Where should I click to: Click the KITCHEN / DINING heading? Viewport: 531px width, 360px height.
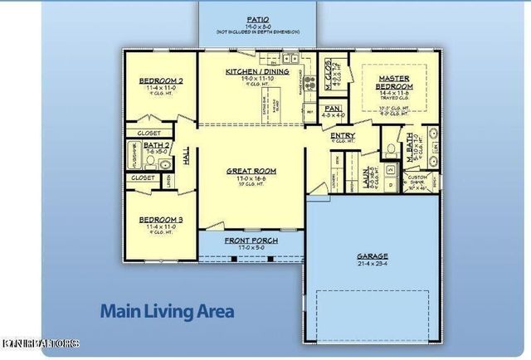click(256, 72)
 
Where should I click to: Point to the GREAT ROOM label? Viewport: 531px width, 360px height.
click(251, 172)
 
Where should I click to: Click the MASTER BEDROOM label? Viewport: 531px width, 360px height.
click(395, 82)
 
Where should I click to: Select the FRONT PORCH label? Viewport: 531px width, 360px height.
click(251, 240)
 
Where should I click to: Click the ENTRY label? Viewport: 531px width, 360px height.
click(343, 136)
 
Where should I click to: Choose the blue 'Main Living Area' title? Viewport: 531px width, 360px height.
click(167, 312)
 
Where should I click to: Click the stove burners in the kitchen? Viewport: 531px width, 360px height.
click(309, 83)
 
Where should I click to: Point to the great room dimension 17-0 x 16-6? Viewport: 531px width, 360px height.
click(251, 179)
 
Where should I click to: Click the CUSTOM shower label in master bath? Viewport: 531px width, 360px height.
click(417, 177)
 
